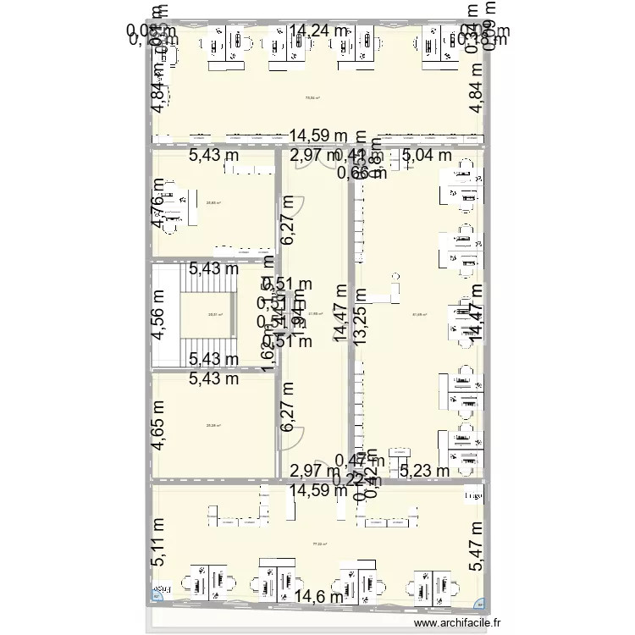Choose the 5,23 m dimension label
pyautogui.click(x=428, y=471)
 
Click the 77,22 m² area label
pyautogui.click(x=319, y=545)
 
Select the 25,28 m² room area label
pyautogui.click(x=213, y=426)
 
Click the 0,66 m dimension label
pyautogui.click(x=362, y=174)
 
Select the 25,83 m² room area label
pyautogui.click(x=213, y=202)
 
